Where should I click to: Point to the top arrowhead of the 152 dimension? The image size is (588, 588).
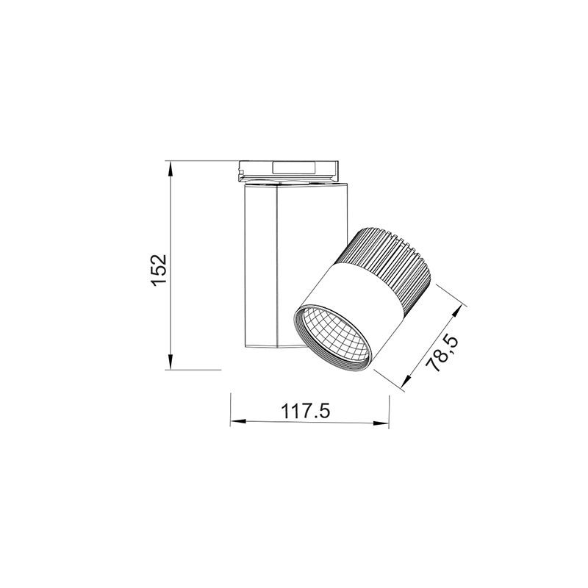pos(171,167)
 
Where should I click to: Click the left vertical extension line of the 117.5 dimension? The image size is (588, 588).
pos(231,408)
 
